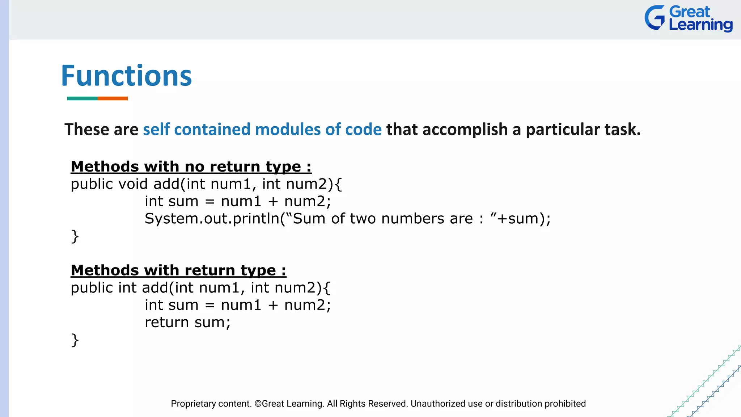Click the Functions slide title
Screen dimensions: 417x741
pyautogui.click(x=126, y=76)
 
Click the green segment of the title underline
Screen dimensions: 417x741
pyautogui.click(x=82, y=98)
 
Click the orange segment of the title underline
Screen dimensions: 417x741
pyautogui.click(x=113, y=98)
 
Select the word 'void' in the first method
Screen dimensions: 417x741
pyautogui.click(x=133, y=184)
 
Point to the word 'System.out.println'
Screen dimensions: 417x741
pyautogui.click(x=212, y=219)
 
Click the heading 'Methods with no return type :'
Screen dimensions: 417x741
pyautogui.click(x=191, y=167)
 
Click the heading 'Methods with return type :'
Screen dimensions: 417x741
pyautogui.click(x=178, y=270)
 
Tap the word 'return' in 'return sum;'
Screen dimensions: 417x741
pyautogui.click(x=167, y=323)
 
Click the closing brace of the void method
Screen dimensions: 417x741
pyautogui.click(x=75, y=236)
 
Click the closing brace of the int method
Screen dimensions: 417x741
pyautogui.click(x=75, y=340)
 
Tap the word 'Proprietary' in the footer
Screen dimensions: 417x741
pyautogui.click(x=193, y=404)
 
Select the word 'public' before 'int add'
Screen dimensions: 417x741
pyautogui.click(x=92, y=288)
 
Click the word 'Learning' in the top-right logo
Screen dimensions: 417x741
pyautogui.click(x=700, y=25)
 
